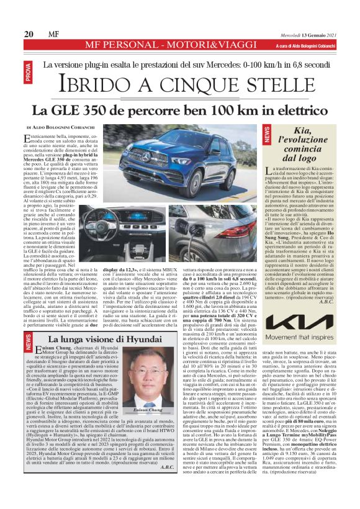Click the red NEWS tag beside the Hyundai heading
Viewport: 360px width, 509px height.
[29, 340]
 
